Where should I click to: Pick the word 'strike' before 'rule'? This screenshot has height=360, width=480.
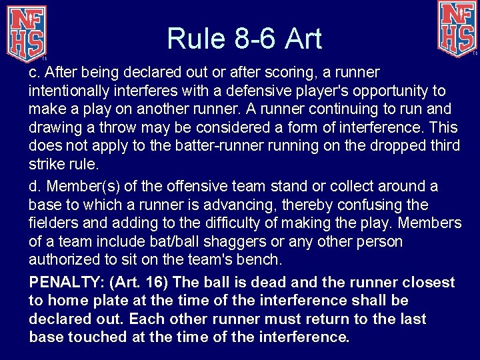tap(45, 164)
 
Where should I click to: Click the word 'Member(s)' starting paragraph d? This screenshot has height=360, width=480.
tap(75, 187)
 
